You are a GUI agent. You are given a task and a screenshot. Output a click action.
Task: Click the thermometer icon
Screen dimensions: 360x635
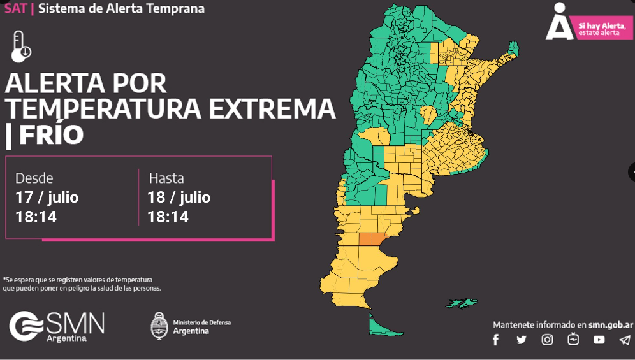pos(21,46)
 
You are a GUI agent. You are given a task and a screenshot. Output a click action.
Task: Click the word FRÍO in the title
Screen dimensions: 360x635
pos(52,135)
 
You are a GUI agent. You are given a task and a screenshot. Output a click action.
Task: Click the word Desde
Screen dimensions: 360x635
pos(34,178)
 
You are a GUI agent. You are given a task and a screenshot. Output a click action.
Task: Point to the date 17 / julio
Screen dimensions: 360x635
pos(47,197)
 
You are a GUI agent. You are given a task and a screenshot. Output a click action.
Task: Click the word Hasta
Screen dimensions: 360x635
pos(166,178)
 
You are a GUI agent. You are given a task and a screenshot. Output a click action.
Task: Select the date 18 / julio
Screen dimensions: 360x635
pos(179,197)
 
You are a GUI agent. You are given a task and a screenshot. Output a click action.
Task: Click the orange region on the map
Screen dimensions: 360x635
pos(372,239)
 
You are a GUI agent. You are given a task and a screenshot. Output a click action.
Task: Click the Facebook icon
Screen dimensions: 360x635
pos(496,340)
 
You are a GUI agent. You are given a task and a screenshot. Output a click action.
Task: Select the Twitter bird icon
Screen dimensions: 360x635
pos(522,340)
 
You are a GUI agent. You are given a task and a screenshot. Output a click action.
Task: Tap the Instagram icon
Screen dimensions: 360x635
pos(547,340)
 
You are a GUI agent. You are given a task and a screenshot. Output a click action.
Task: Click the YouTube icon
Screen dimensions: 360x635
pos(599,340)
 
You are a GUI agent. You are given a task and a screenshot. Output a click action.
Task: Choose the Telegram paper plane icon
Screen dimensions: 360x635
pos(624,340)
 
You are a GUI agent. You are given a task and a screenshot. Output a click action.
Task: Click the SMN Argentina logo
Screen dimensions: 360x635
pos(57,326)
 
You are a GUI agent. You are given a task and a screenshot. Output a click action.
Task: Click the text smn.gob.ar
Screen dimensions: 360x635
pos(606,324)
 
